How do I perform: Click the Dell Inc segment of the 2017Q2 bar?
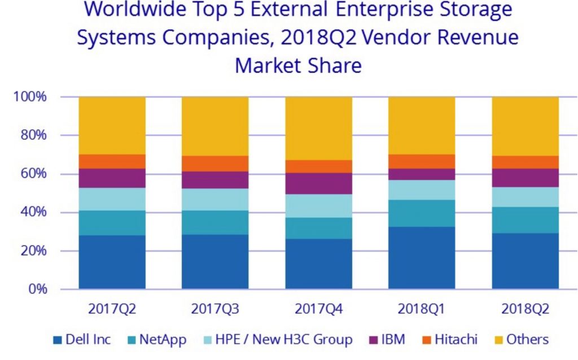(x=112, y=262)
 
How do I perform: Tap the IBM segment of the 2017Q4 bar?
(x=318, y=183)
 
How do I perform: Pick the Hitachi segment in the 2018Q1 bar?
(x=422, y=161)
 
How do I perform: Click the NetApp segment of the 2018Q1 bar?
(x=422, y=213)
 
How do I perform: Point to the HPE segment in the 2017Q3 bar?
(x=214, y=199)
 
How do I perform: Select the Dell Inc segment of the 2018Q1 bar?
(x=422, y=258)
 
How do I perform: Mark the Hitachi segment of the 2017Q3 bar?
(x=214, y=164)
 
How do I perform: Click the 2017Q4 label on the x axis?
(x=318, y=309)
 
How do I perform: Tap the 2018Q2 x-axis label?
(x=526, y=309)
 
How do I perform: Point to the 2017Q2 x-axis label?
(x=112, y=309)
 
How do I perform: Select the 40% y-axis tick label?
(x=32, y=213)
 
